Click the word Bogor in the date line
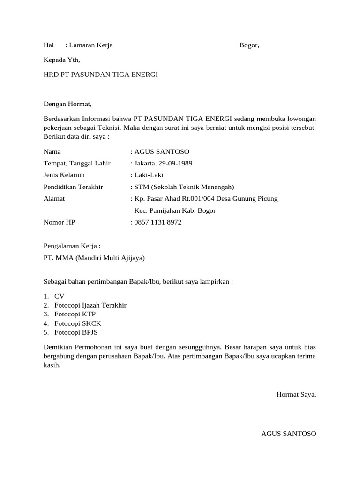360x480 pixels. (248, 45)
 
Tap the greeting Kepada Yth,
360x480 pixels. (62, 60)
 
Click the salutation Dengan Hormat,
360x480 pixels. (68, 104)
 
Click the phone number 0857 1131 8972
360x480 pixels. (157, 222)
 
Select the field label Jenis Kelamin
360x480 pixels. (64, 175)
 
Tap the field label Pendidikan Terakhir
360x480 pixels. (73, 187)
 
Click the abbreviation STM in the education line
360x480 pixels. (142, 187)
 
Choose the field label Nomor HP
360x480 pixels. (59, 222)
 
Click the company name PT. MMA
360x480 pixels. (58, 258)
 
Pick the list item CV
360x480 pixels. (59, 296)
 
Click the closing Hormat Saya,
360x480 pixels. (296, 395)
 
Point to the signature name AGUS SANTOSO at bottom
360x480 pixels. (288, 434)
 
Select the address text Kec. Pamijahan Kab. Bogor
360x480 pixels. (175, 210)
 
